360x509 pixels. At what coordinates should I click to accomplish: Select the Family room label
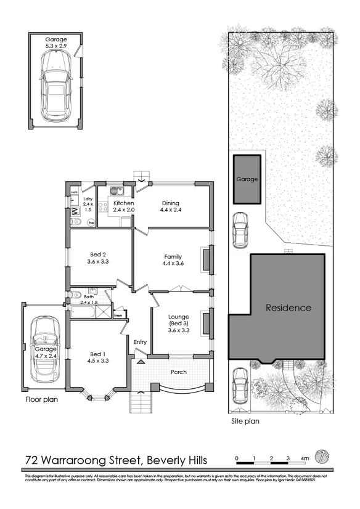pos(173,260)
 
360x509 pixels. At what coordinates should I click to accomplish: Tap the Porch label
pos(178,372)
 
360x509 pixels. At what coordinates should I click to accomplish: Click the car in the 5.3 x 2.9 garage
pos(54,86)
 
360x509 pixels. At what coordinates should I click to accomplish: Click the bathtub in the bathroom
pos(81,313)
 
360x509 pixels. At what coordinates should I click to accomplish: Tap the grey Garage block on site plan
pos(246,179)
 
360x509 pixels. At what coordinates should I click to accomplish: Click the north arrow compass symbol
pos(321,457)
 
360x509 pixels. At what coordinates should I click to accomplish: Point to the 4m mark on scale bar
pos(305,458)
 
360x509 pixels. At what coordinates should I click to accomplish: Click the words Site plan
pos(245,422)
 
